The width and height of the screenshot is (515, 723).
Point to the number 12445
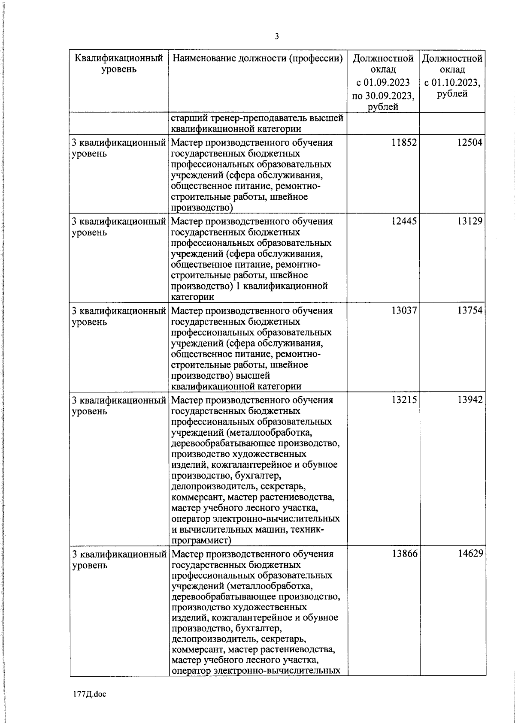pyautogui.click(x=404, y=222)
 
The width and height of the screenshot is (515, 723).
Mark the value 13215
pyautogui.click(x=404, y=400)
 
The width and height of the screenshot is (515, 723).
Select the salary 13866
pyautogui.click(x=404, y=554)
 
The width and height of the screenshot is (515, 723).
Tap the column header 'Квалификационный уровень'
pyautogui.click(x=119, y=63)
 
